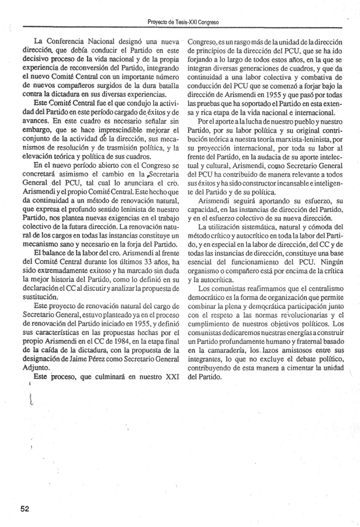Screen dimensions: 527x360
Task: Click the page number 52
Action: click(25, 509)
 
